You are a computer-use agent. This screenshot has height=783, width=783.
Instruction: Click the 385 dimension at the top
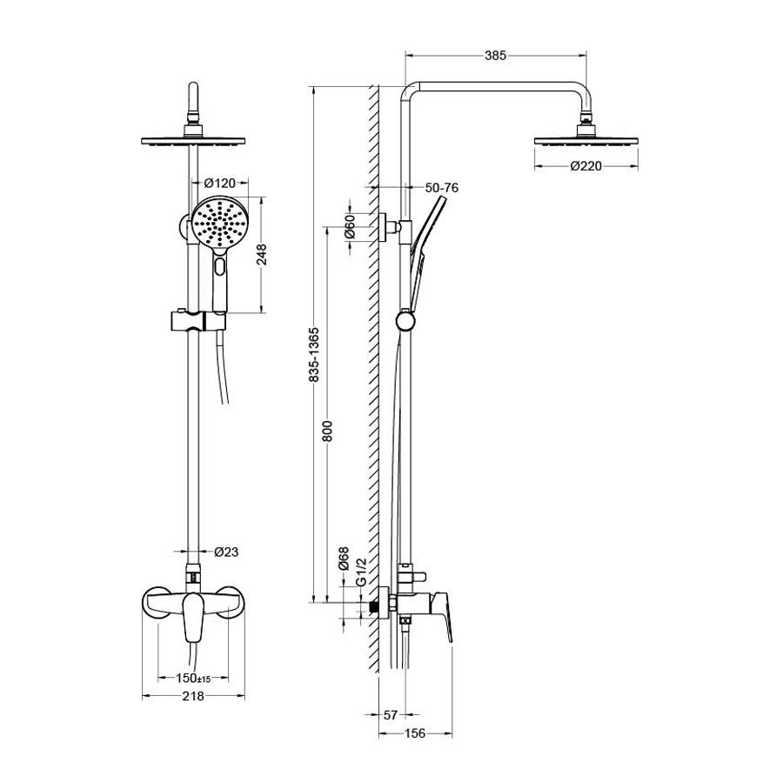pyautogui.click(x=495, y=56)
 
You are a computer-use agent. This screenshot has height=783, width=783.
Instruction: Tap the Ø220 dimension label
pyautogui.click(x=586, y=166)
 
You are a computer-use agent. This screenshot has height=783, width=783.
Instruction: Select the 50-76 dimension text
pyautogui.click(x=441, y=188)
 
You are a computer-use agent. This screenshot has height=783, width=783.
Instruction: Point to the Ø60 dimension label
pyautogui.click(x=350, y=226)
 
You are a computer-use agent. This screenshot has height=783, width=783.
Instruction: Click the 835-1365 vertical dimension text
pyautogui.click(x=314, y=355)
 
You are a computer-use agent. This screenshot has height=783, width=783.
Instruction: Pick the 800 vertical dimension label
pyautogui.click(x=327, y=432)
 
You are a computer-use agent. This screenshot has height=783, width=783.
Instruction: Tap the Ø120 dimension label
pyautogui.click(x=220, y=184)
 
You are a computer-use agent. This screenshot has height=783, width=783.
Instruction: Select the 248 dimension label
pyautogui.click(x=262, y=254)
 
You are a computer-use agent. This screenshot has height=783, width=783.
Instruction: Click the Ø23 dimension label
pyautogui.click(x=226, y=552)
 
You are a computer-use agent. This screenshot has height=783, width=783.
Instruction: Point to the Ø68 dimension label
pyautogui.click(x=343, y=559)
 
